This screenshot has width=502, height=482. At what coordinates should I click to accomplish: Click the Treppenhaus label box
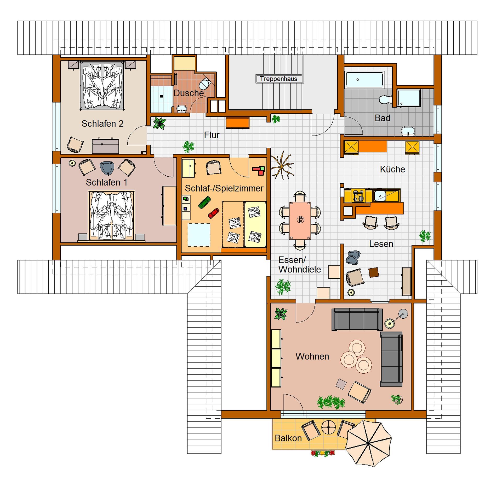point(279,79)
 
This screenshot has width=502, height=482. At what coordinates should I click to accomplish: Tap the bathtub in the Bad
point(365,80)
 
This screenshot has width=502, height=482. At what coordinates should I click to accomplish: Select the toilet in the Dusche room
point(205,83)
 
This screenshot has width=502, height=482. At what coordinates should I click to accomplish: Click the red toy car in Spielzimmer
point(214,213)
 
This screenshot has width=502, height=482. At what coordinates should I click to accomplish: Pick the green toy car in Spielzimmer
point(204,202)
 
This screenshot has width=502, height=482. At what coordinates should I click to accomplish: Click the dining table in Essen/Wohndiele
point(300,221)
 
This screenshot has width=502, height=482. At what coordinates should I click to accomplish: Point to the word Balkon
point(288,438)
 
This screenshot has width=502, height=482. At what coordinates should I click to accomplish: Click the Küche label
point(392,169)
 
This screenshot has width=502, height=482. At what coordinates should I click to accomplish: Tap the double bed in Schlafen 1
point(112,215)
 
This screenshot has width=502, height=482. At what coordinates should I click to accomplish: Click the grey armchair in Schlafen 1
point(107,168)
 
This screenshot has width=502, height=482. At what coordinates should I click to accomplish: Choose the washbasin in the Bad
point(408,131)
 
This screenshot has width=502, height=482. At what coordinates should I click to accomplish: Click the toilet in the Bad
point(385,99)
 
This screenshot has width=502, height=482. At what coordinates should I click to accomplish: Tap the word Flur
point(212,135)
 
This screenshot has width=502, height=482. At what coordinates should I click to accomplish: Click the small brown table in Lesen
point(374,272)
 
